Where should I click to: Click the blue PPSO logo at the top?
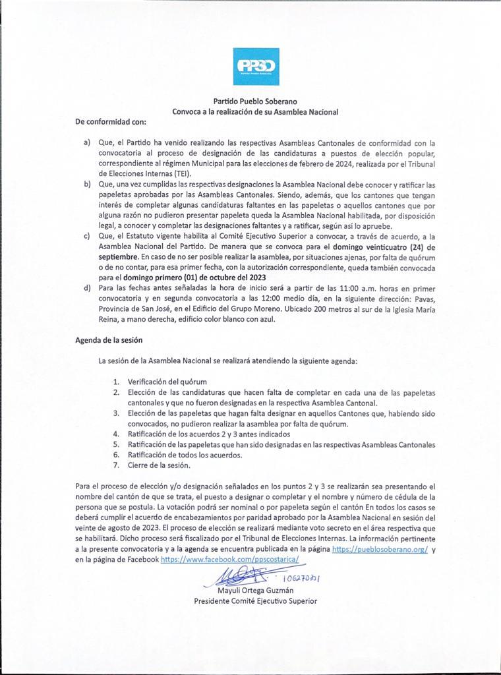(256, 66)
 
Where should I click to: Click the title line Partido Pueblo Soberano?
(255, 102)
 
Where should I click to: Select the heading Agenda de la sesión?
(109, 339)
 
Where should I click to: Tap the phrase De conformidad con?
(111, 122)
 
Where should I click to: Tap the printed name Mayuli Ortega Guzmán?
(255, 591)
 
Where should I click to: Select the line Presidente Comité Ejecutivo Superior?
(255, 601)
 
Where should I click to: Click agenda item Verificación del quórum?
(167, 382)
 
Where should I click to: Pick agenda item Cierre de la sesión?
(159, 465)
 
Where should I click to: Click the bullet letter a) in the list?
(87, 142)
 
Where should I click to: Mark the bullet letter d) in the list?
(87, 288)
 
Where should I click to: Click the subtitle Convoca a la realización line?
(255, 111)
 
